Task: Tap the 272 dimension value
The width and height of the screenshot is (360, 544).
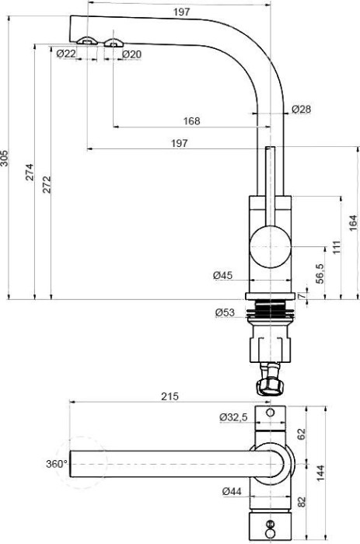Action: point(47,183)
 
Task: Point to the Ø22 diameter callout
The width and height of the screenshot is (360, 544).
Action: point(66,53)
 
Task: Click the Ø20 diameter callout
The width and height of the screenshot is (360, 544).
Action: point(131,53)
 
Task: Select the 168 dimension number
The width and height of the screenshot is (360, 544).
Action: point(191,120)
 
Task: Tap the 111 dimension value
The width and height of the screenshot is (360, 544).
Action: point(337,248)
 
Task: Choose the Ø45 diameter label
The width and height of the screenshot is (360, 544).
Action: point(223,274)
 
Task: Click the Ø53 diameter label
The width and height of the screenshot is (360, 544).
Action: point(225,313)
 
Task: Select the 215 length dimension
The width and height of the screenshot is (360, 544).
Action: point(170,396)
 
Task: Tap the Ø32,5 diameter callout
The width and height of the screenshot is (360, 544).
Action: point(233,417)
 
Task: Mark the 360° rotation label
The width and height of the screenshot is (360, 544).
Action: point(57,463)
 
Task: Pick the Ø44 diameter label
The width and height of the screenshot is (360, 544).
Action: point(232,491)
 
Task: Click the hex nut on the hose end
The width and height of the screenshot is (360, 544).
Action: point(269,384)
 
